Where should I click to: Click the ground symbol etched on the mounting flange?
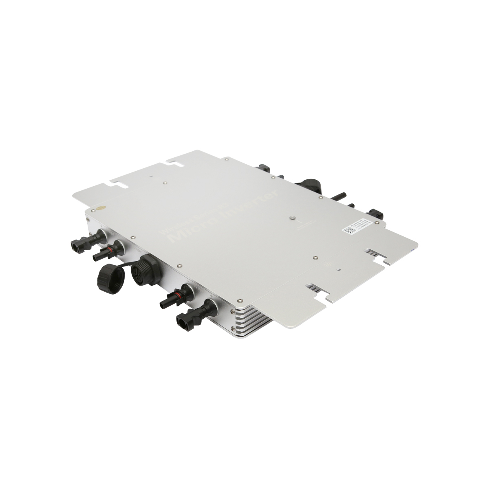click(x=326, y=263)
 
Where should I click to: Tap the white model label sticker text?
click(x=361, y=224)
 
